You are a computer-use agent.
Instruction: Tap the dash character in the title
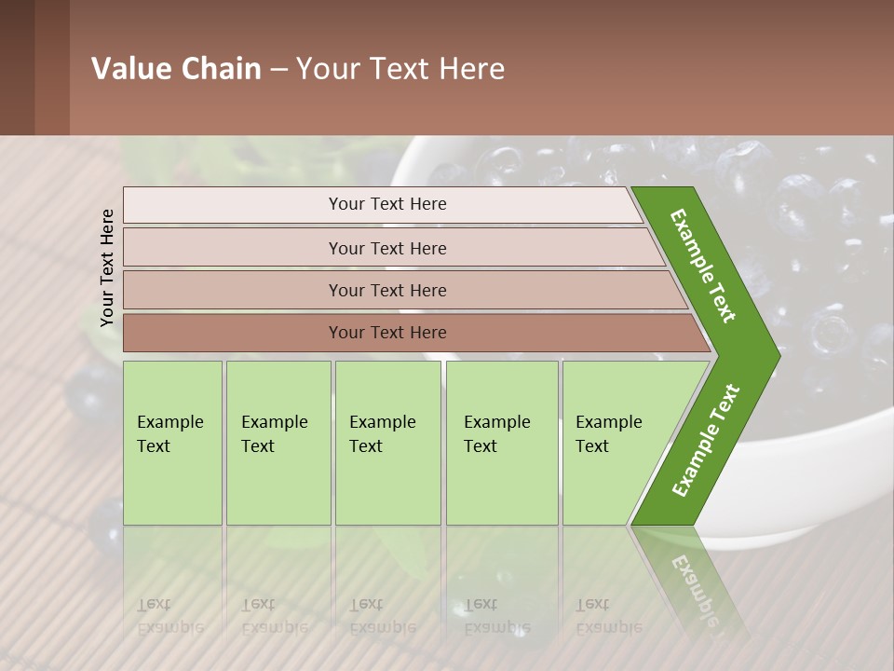pyautogui.click(x=278, y=70)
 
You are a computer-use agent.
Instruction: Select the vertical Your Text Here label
pyautogui.click(x=107, y=267)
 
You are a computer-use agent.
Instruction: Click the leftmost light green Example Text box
pyautogui.click(x=172, y=443)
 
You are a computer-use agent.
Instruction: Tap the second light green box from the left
pyautogui.click(x=278, y=443)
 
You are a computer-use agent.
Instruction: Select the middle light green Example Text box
pyautogui.click(x=387, y=443)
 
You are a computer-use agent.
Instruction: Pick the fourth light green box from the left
pyautogui.click(x=502, y=443)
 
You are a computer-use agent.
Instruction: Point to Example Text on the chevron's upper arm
pyautogui.click(x=704, y=266)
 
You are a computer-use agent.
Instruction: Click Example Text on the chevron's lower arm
pyautogui.click(x=706, y=440)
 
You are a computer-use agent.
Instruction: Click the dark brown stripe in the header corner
pyautogui.click(x=17, y=67)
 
